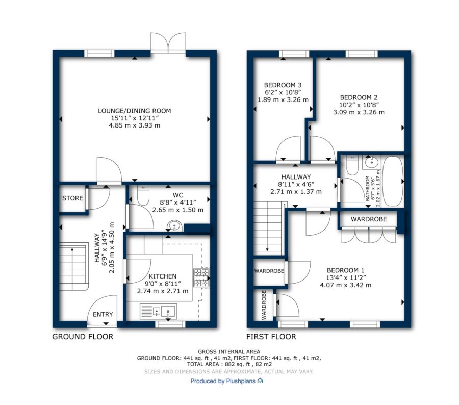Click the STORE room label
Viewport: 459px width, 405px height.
[x=72, y=198]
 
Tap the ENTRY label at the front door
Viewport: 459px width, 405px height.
[x=103, y=314]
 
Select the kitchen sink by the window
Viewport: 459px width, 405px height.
[x=159, y=311]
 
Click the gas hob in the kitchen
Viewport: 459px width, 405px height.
[x=201, y=277]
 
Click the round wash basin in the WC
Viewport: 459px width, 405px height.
[x=174, y=226]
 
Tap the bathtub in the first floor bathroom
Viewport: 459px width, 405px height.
[x=393, y=182]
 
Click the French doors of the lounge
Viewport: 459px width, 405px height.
[x=168, y=43]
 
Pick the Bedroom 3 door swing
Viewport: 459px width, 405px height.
[x=288, y=148]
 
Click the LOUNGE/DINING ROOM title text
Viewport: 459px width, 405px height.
[x=134, y=111]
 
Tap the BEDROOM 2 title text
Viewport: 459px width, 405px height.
[x=359, y=97]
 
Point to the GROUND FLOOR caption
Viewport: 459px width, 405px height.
[x=83, y=337]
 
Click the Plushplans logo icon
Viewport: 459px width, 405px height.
[x=260, y=381]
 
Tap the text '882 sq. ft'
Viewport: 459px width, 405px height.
[x=236, y=364]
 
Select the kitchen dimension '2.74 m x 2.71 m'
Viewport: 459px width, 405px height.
[x=163, y=291]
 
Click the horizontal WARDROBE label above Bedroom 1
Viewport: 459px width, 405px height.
[x=369, y=219]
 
